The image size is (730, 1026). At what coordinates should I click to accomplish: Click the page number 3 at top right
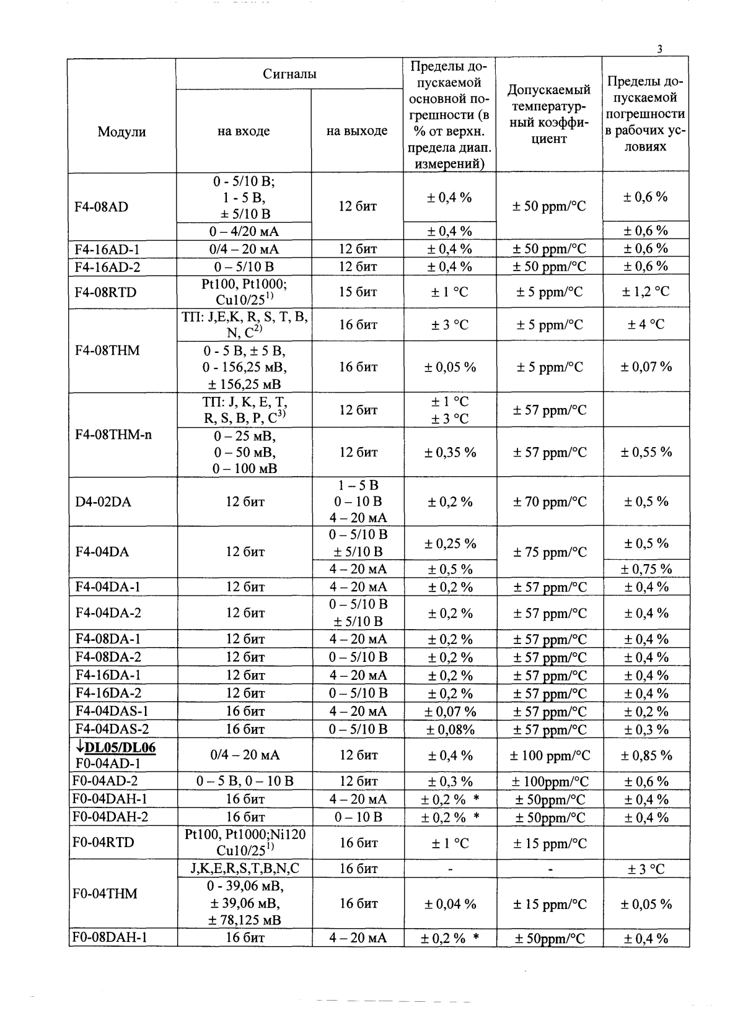coord(660,50)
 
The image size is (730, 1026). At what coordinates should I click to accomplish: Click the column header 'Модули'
coord(121,131)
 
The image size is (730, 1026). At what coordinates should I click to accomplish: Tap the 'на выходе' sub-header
coord(357,131)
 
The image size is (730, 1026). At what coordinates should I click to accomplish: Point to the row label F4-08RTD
coord(105,292)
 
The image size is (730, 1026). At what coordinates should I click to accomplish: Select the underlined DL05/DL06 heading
coord(117,747)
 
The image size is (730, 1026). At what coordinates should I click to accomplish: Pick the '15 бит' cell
coord(358,292)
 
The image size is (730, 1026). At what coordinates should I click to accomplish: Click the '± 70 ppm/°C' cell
coord(549,502)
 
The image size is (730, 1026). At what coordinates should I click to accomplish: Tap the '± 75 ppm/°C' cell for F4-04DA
coord(549,552)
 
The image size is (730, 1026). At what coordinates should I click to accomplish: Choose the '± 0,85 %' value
coord(646,755)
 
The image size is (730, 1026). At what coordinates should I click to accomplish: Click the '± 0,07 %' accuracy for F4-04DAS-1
coord(450,711)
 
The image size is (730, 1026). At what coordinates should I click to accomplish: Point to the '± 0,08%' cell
coord(450,729)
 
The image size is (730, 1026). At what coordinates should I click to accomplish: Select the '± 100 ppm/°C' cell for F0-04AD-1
coord(549,755)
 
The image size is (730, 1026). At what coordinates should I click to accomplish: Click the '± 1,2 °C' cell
coord(646,292)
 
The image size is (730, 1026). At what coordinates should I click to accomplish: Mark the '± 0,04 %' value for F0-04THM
coord(450,904)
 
